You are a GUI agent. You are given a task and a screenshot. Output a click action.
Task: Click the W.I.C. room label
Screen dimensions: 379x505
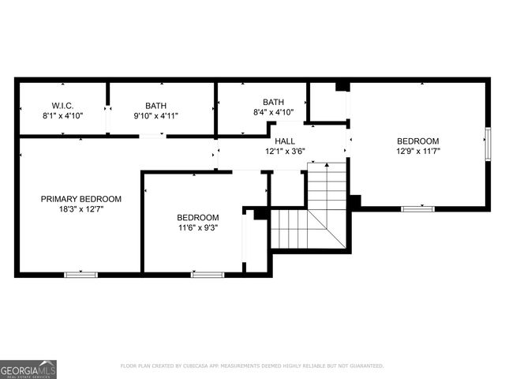[x=62, y=105]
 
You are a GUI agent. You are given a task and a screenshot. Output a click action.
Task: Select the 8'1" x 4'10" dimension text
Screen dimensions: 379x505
[x=62, y=115]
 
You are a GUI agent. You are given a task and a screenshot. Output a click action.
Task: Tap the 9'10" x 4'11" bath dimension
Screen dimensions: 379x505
[x=155, y=115]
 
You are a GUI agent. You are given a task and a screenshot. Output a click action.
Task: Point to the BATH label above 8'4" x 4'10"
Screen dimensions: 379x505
[x=273, y=102]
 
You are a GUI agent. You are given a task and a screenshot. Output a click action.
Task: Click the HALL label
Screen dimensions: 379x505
[x=285, y=141]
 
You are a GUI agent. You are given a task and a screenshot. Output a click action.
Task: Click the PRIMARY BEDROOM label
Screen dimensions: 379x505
[x=81, y=199]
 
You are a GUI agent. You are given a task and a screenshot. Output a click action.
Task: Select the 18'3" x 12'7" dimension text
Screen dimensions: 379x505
[x=81, y=209]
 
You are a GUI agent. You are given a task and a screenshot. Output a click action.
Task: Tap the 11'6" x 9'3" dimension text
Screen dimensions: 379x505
[x=197, y=227]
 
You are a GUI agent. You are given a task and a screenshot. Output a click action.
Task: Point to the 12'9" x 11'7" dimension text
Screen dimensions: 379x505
[x=417, y=151]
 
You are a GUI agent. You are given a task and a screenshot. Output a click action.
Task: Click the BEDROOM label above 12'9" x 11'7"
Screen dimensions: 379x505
[x=417, y=141]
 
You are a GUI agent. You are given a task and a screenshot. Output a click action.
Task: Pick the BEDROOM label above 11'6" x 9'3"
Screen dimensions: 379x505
[x=197, y=217]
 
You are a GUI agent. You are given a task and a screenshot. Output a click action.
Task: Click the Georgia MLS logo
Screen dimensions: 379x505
[x=28, y=369]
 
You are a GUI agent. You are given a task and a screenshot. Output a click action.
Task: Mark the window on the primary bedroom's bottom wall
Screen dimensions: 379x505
[x=80, y=274]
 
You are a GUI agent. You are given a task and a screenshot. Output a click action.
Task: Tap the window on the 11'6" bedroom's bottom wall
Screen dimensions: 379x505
[x=208, y=274]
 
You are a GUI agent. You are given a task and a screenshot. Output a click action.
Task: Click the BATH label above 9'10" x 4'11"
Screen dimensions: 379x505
[x=155, y=105]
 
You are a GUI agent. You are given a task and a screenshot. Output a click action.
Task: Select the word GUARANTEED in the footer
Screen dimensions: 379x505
[x=365, y=366]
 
